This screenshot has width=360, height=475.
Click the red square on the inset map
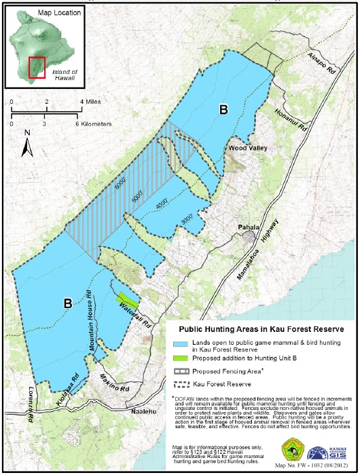[x=37, y=68]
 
